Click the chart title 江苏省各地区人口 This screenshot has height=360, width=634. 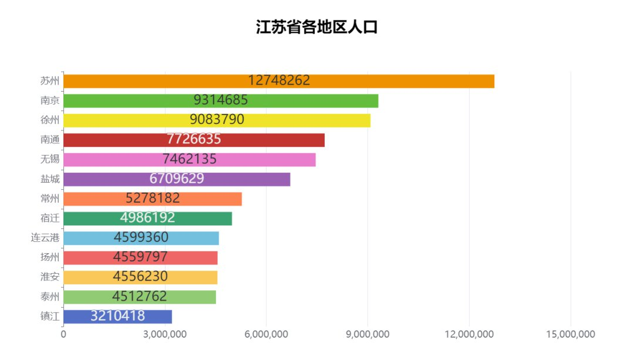pos(316,28)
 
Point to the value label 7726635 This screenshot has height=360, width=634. pos(194,140)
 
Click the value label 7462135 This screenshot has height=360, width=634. pos(189,159)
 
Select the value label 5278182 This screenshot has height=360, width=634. pos(153,198)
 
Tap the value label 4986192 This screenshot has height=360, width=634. pos(147,218)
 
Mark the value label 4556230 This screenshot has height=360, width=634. pos(140,277)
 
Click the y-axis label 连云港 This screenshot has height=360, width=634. pos(45,238)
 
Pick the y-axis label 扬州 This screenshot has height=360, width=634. pos(50,257)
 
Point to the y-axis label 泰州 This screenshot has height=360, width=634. pos(50,297)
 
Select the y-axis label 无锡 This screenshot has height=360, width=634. pos(50,159)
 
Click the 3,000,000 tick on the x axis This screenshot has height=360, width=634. pos(165,335)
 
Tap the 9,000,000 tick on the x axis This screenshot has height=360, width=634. pos(367,335)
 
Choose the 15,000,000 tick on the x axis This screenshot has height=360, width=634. pos(571,335)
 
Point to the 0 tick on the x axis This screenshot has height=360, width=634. pos(63,335)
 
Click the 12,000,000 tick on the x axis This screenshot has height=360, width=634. pos(469,335)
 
